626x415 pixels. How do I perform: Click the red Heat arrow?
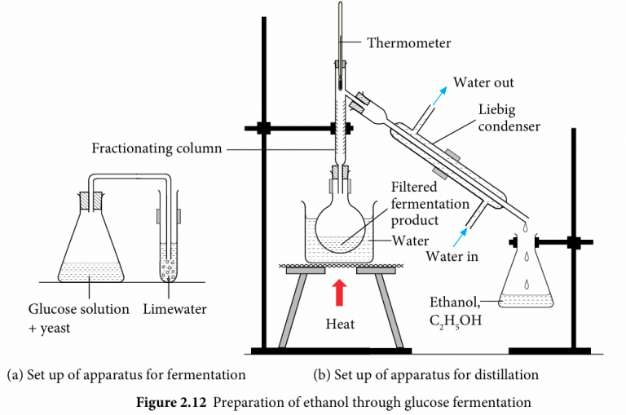click(338, 292)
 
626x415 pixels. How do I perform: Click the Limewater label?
click(175, 309)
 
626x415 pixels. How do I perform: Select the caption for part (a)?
click(126, 375)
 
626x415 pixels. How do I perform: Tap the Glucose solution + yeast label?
click(78, 317)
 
